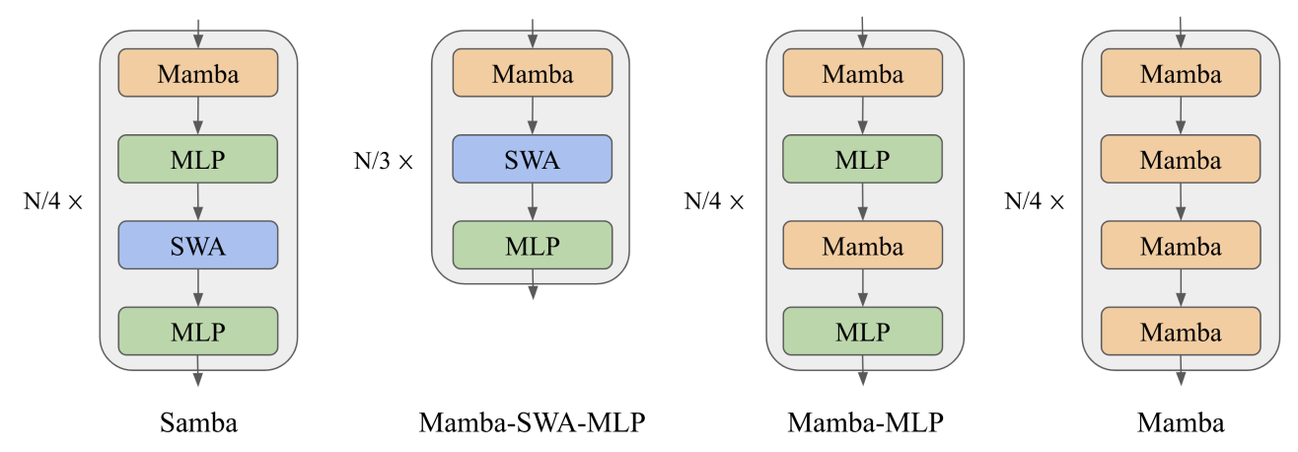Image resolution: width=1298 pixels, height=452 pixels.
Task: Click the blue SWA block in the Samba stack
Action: [198, 245]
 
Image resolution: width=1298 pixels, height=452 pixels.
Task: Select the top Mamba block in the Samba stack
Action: [198, 73]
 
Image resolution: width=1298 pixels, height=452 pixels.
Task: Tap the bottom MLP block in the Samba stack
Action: [198, 331]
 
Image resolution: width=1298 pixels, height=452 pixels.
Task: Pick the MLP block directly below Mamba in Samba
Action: [198, 159]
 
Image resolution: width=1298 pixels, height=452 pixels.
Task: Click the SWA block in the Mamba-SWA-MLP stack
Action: [533, 159]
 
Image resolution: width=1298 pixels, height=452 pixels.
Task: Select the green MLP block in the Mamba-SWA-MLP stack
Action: [533, 245]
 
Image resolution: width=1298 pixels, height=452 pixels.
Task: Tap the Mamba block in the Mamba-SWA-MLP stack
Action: [533, 73]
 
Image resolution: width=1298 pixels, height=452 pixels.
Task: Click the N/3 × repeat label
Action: [384, 161]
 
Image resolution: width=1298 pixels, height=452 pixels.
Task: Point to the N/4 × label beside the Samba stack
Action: [54, 202]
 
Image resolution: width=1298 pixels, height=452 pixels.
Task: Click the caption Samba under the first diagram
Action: [198, 423]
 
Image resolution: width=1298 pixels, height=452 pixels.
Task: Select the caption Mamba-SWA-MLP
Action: [533, 423]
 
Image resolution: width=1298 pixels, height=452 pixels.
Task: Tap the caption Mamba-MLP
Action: [865, 423]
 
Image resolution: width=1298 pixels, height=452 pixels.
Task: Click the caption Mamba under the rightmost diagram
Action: [1181, 423]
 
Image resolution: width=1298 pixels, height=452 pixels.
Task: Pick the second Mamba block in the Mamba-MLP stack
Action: [863, 245]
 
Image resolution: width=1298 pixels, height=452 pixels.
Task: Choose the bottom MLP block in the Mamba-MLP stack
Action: [863, 331]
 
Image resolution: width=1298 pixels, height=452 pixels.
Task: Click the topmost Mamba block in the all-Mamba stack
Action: [1181, 73]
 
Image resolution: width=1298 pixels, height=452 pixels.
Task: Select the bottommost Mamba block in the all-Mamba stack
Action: [1181, 331]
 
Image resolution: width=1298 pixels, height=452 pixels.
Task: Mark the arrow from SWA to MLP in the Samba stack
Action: [198, 287]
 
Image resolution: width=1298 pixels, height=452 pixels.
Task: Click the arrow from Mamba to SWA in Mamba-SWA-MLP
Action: [533, 115]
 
